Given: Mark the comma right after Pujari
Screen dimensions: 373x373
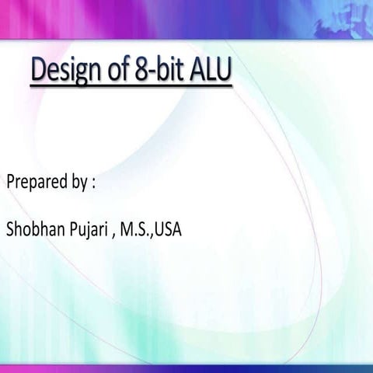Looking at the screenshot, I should [x=112, y=235].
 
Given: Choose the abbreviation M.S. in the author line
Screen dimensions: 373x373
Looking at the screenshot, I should [x=134, y=230].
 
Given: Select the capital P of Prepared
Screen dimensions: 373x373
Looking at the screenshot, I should [x=10, y=183].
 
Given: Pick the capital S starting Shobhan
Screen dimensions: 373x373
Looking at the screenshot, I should [x=10, y=230].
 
